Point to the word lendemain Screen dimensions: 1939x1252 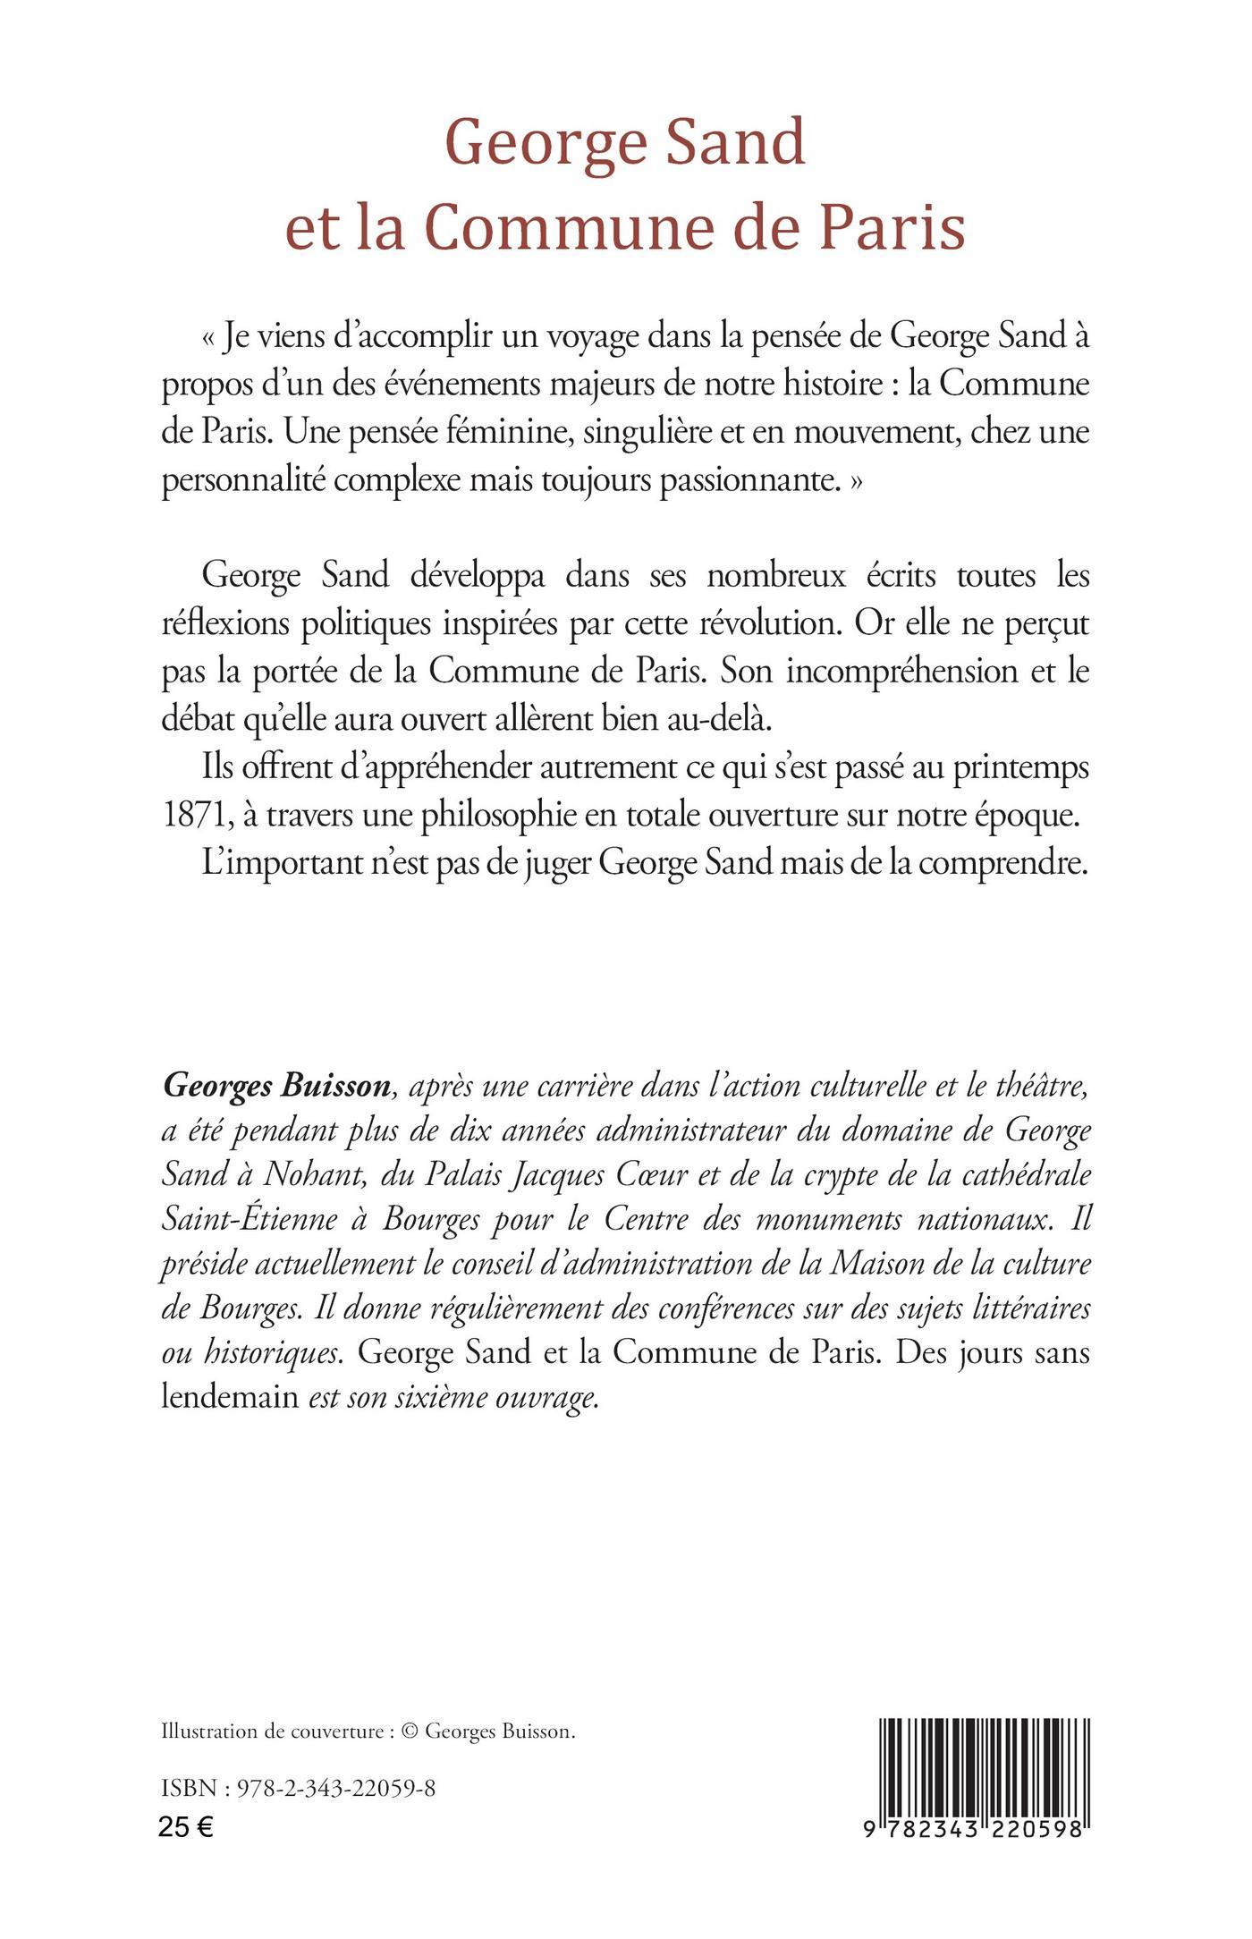pos(229,1397)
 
